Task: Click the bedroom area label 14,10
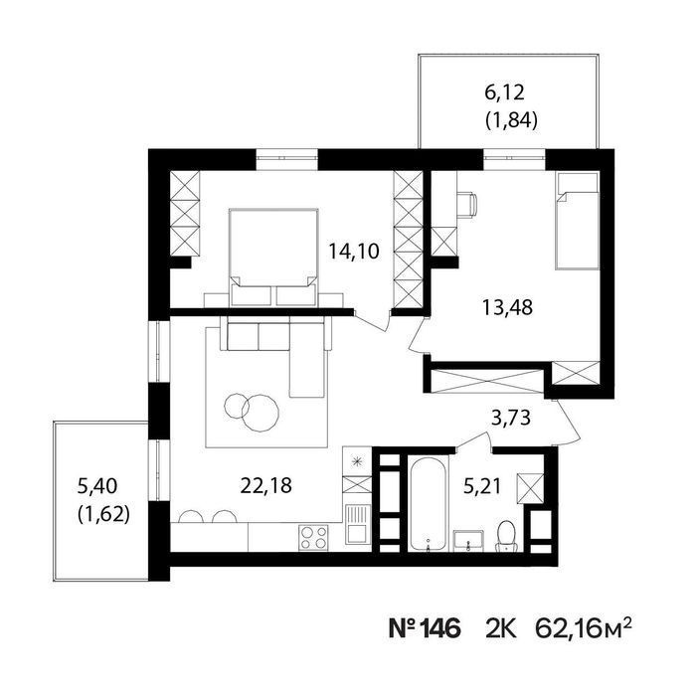(354, 252)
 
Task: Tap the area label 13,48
(507, 307)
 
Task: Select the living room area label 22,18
(265, 485)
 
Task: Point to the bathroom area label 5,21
(482, 486)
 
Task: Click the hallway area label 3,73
(511, 418)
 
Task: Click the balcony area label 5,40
(97, 486)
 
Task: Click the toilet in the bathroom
(505, 536)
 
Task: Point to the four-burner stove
(313, 538)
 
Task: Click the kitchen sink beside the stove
(358, 525)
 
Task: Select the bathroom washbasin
(468, 540)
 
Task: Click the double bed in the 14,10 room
(273, 257)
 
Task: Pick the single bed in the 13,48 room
(577, 221)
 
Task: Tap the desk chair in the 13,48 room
(467, 204)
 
